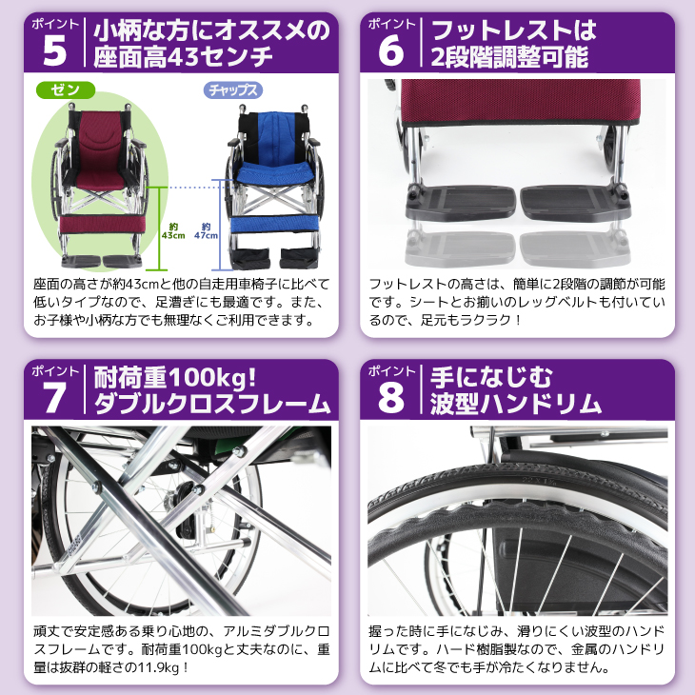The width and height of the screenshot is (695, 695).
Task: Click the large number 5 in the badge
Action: (53, 50)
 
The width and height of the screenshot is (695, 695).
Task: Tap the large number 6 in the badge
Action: (391, 50)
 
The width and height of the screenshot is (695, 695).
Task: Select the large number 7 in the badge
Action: (53, 397)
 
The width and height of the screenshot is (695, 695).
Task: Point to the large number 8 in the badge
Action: (391, 397)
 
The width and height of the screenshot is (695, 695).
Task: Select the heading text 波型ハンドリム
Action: (514, 404)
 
